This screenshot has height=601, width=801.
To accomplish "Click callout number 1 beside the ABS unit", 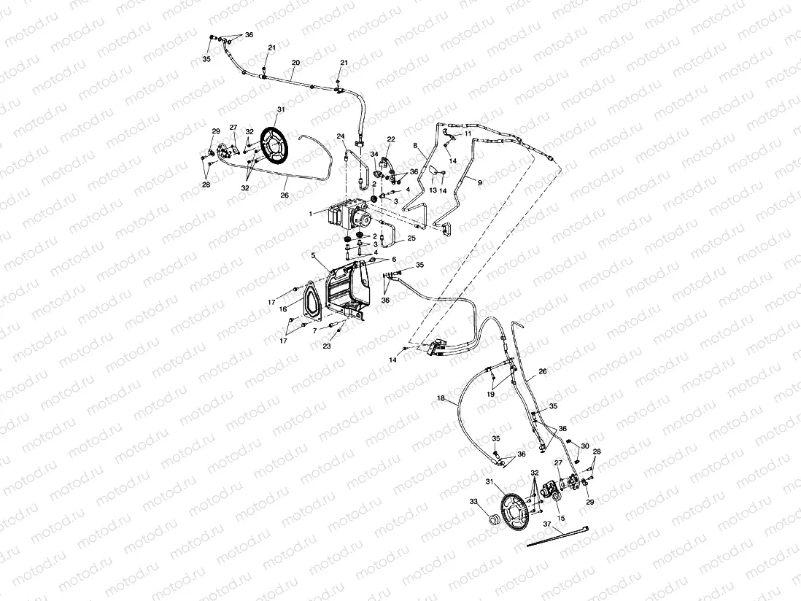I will [x=310, y=213].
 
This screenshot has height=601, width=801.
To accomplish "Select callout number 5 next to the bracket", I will [x=314, y=256].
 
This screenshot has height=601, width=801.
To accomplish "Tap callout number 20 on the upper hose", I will [x=295, y=63].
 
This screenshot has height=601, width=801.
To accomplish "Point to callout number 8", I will [x=415, y=146].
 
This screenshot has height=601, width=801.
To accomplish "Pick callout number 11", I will [x=468, y=134].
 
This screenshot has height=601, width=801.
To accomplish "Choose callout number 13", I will [x=433, y=190].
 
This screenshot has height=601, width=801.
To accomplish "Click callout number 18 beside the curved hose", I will [x=440, y=398].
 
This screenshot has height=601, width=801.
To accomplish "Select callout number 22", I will [x=391, y=139].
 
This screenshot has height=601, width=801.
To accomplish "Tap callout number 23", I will [x=327, y=346].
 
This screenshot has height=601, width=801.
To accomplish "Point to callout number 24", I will [x=341, y=136].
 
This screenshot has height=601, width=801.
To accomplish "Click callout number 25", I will [x=412, y=238].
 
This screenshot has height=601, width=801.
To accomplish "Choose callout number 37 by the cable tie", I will [x=547, y=523].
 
